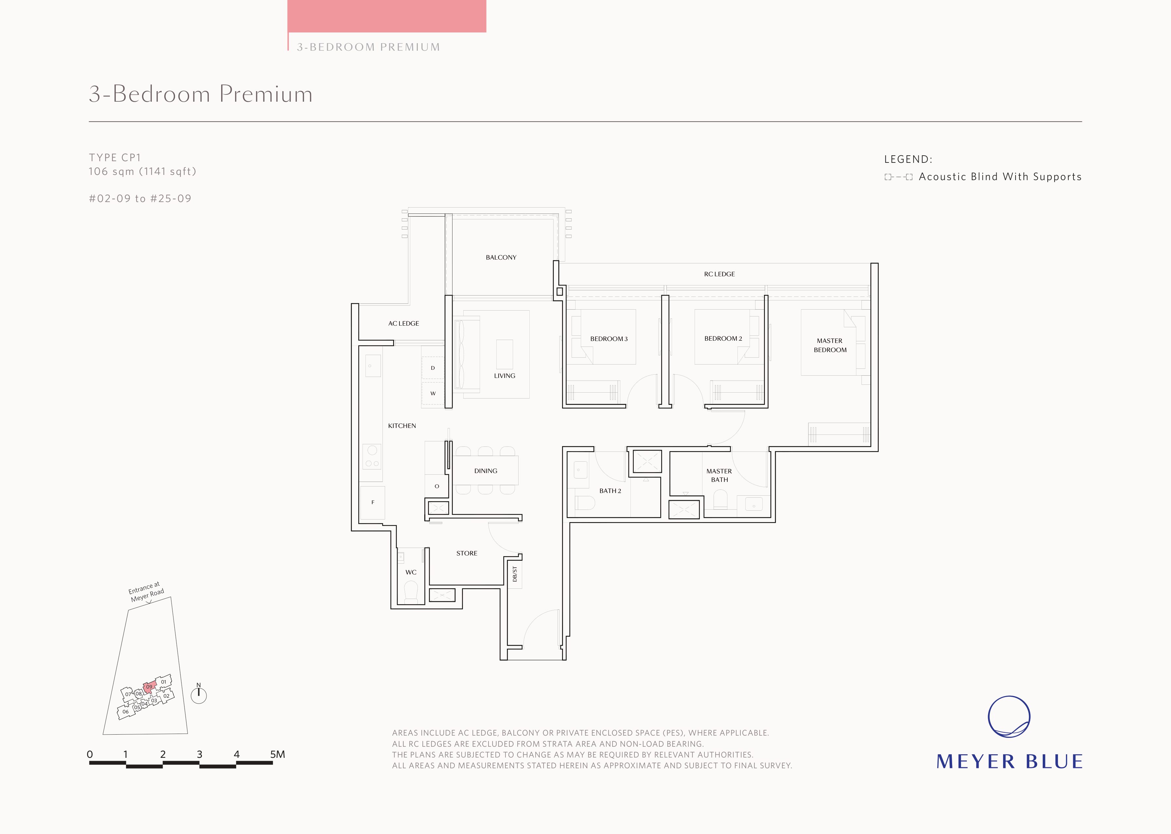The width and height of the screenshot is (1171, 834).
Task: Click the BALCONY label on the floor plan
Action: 501,257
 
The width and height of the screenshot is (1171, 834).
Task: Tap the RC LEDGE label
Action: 719,274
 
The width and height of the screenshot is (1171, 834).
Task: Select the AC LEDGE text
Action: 403,324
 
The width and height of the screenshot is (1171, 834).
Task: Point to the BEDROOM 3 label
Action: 609,339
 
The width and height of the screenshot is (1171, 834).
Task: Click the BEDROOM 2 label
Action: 723,338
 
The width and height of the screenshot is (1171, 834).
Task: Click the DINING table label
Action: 486,471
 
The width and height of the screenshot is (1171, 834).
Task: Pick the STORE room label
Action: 467,553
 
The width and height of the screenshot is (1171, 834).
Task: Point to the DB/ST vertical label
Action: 515,574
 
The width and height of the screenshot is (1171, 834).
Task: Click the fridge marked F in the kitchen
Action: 373,502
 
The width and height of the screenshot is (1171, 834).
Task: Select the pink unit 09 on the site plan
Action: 149,687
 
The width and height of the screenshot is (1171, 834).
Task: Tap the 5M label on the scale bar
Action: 277,755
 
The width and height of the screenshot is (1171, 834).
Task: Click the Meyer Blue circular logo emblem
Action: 1009,717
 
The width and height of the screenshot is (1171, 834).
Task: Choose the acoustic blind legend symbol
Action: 898,177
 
